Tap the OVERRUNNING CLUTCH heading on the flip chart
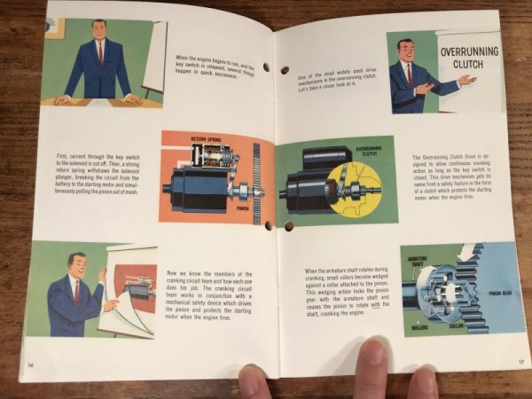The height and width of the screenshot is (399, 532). tap(470, 59)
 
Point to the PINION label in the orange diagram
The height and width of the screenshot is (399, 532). tap(242, 208)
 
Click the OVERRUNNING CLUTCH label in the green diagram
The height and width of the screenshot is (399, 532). tap(369, 151)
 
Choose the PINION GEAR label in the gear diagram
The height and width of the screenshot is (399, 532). tap(502, 291)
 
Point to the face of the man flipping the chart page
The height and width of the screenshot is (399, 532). tap(77, 266)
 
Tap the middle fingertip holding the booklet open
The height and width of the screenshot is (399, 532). tap(372, 364)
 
